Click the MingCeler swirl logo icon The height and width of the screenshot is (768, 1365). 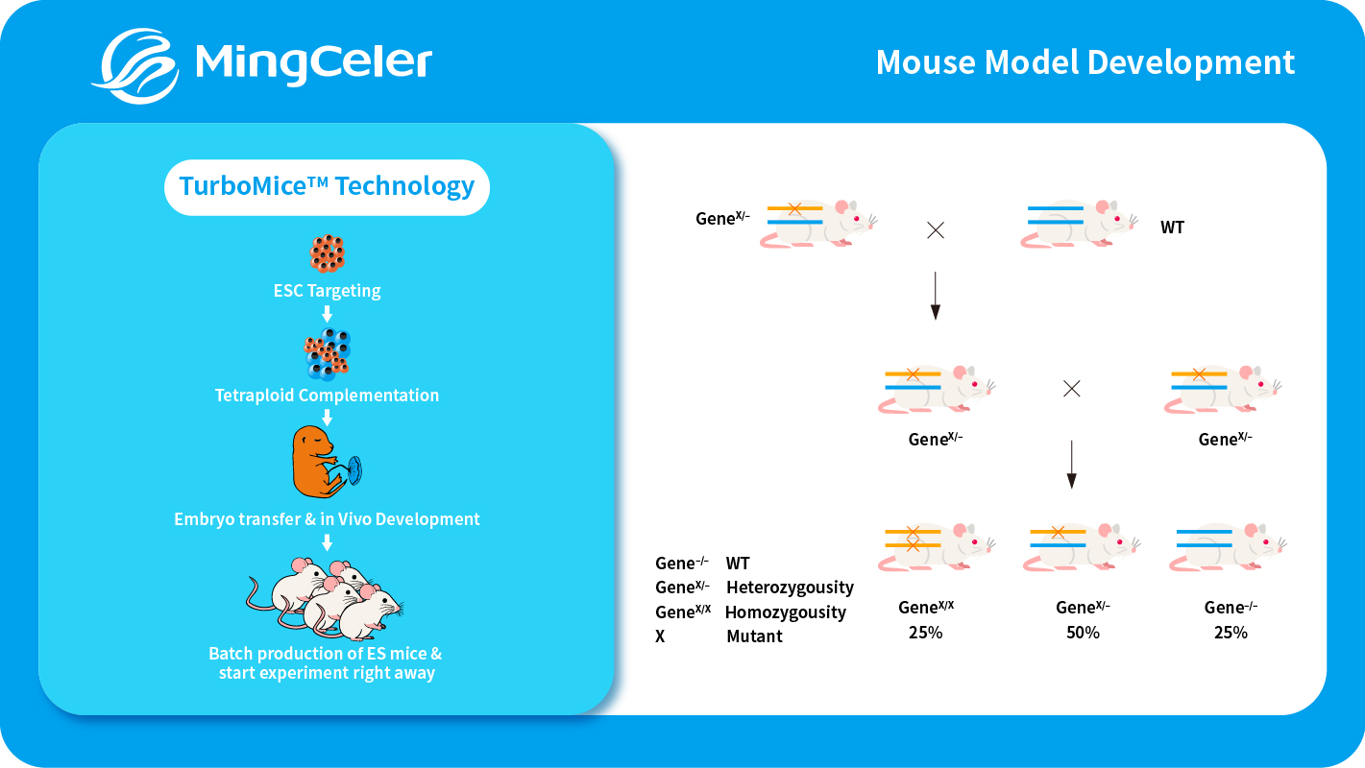[x=140, y=64]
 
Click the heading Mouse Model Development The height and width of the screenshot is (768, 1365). [x=1085, y=62]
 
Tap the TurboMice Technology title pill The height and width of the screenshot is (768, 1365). [x=327, y=186]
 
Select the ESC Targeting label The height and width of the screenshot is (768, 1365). [x=327, y=291]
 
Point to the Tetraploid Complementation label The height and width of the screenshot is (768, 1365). [x=327, y=396]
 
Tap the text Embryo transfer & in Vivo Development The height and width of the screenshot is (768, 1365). [x=327, y=519]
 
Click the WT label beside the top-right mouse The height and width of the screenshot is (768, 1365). [x=1172, y=228]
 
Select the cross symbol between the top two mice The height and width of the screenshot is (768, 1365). [x=935, y=230]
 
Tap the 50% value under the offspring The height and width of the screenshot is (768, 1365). [x=1083, y=633]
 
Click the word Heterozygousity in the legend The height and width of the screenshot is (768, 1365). [x=790, y=588]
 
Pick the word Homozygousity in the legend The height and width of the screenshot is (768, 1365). [x=786, y=612]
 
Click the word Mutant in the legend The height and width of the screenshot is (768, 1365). [x=754, y=636]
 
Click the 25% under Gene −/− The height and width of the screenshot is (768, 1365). [x=1231, y=633]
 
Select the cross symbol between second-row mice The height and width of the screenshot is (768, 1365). [x=1072, y=389]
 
